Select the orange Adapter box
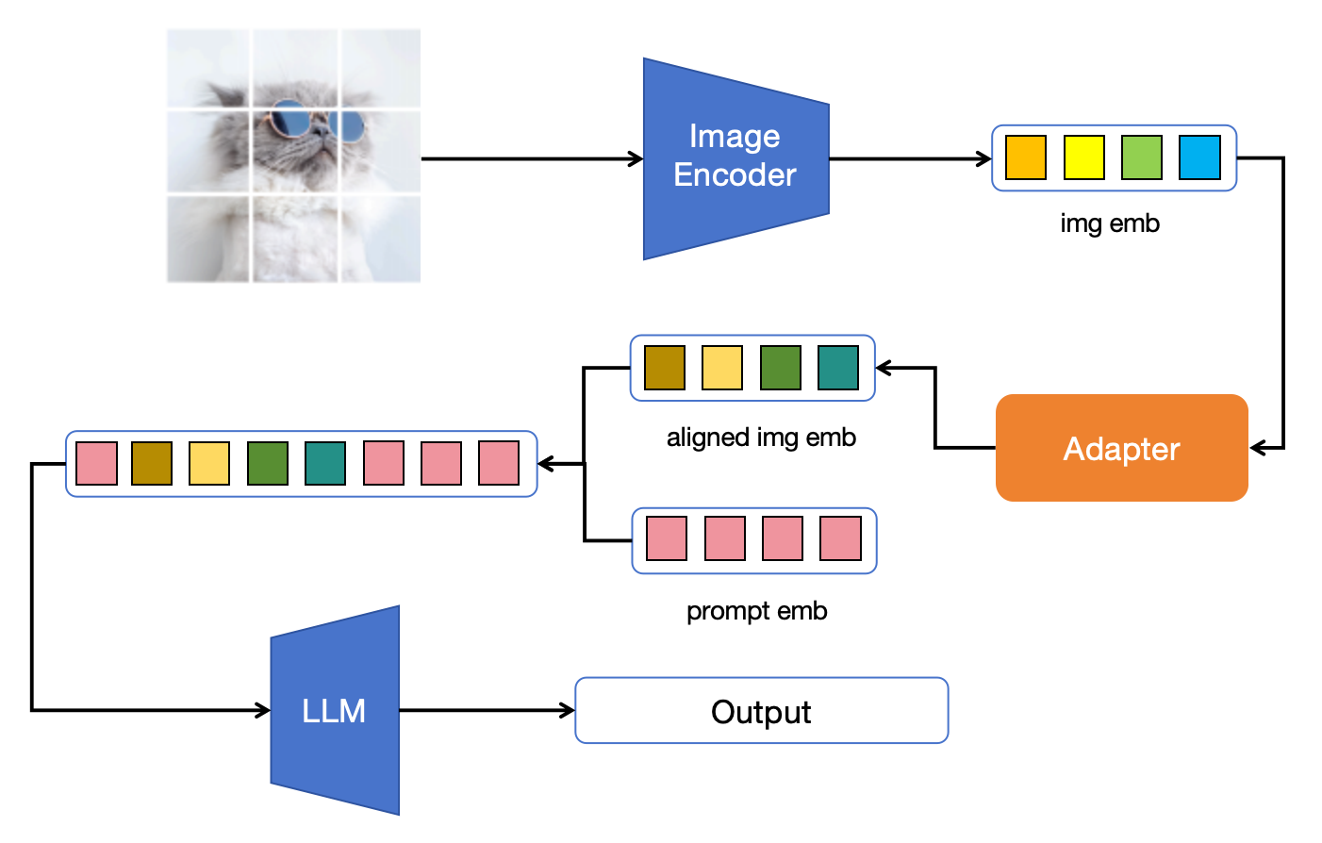[x=1121, y=448]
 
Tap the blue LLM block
[x=335, y=710]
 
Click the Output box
[x=761, y=711]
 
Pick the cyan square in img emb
[x=1199, y=157]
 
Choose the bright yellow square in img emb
[x=1083, y=157]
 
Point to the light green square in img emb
[x=1142, y=157]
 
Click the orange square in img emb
[x=1026, y=157]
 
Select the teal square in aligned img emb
[x=838, y=368]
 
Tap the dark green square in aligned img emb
[x=781, y=368]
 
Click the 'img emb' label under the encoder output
[x=1110, y=223]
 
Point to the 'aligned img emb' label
[x=761, y=438]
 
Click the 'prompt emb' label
[x=756, y=611]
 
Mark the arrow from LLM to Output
[x=487, y=710]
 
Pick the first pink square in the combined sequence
[x=96, y=464]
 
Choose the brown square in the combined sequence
[x=152, y=464]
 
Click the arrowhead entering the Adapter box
[x=1258, y=448]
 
